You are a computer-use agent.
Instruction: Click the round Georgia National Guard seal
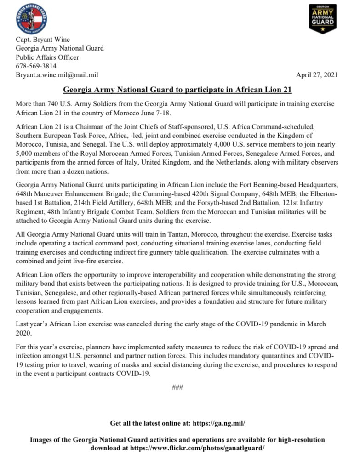click(32, 18)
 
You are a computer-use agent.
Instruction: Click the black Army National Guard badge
click(322, 19)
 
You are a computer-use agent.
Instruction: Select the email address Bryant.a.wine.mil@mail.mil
click(57, 75)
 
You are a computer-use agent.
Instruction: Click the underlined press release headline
click(177, 90)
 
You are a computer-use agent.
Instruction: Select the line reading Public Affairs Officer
click(47, 57)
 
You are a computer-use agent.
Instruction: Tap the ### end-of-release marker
click(177, 387)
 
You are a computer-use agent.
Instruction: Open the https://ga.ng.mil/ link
click(219, 422)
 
